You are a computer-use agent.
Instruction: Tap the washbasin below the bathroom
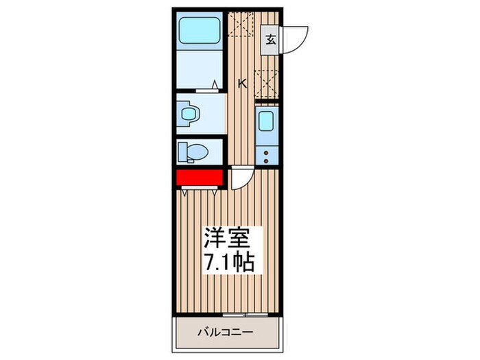coord(187,114)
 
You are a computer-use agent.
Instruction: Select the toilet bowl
coord(195,151)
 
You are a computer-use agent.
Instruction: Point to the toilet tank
coord(182,151)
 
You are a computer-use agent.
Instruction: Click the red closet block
coord(200,178)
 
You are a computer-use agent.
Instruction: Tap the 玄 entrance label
coord(271,39)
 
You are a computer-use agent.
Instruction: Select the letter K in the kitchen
coord(242,84)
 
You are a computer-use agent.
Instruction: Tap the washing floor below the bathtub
coord(197,69)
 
